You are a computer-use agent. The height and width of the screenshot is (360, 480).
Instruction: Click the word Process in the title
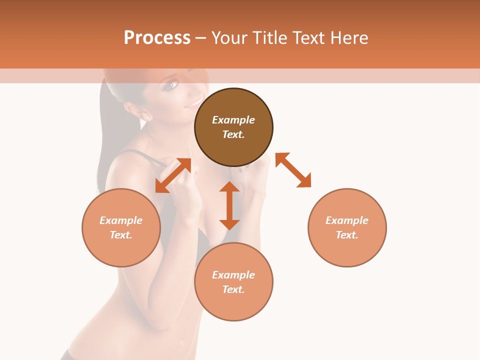click(x=157, y=38)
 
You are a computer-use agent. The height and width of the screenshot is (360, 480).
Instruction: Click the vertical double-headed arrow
click(x=229, y=205)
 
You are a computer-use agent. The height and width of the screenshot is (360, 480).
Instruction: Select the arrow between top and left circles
click(x=173, y=175)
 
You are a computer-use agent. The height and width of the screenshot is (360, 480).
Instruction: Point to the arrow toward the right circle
click(x=293, y=170)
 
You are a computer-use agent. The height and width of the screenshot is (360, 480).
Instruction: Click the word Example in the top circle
click(x=233, y=120)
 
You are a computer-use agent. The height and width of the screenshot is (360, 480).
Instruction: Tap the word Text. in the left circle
click(x=121, y=235)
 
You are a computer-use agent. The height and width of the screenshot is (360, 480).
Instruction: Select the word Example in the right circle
click(x=347, y=220)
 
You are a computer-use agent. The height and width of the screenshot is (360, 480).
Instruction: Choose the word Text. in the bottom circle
click(x=233, y=289)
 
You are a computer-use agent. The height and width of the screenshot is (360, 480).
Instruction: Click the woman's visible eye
click(x=171, y=85)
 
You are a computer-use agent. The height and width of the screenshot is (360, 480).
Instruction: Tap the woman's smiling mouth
click(x=193, y=104)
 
